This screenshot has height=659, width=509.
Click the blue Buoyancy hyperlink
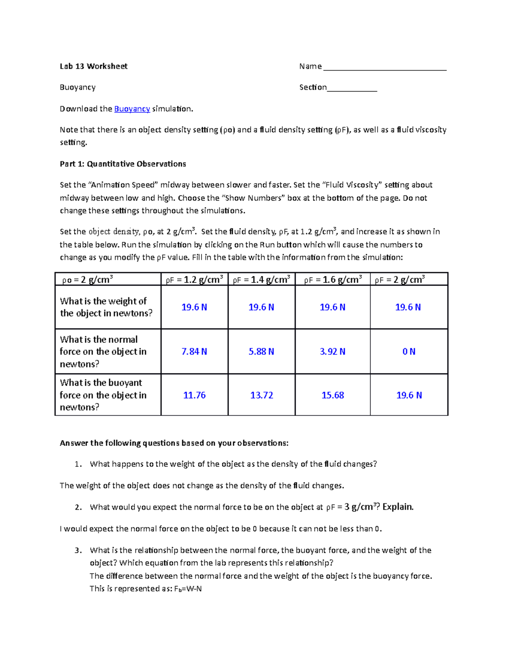(132, 109)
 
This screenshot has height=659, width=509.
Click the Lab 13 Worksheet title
(93, 66)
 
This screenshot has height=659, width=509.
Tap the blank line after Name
(384, 67)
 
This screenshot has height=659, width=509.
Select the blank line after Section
(352, 88)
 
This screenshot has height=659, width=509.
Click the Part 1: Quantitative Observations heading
(123, 164)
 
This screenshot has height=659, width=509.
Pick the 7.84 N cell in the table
(194, 351)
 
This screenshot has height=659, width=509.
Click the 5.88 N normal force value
(261, 351)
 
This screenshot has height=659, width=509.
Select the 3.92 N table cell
(333, 351)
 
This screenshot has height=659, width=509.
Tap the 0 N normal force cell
(409, 351)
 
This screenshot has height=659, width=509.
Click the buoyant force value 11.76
(194, 395)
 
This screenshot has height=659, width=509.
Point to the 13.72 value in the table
(261, 395)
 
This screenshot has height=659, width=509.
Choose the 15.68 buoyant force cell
(333, 395)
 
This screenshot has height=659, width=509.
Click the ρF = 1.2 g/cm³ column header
(194, 280)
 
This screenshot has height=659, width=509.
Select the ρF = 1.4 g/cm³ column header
(261, 280)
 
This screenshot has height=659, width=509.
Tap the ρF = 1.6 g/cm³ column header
(333, 280)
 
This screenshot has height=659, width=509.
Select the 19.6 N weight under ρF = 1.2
(194, 307)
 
